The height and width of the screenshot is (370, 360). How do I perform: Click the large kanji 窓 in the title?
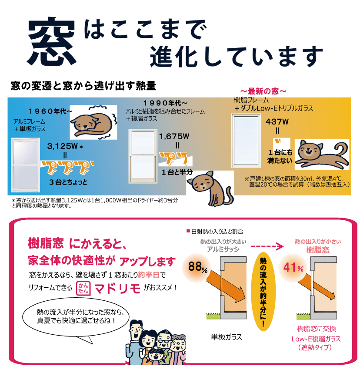pos(52,41)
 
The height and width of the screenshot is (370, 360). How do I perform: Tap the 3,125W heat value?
pos(62,146)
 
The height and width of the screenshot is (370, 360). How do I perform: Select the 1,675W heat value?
pos(174,136)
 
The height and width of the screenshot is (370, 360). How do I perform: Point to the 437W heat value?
pos(277,122)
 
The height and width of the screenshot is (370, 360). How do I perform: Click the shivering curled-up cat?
pos(93,122)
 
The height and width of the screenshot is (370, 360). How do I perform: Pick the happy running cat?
pos(322,155)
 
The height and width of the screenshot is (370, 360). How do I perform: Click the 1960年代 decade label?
pos(50,111)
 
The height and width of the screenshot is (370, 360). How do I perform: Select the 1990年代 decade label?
pos(165,103)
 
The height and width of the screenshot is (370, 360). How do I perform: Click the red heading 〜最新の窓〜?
pos(263,91)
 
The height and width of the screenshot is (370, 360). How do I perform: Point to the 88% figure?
pos(197,267)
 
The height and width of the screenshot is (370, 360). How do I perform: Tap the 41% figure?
pos(293,268)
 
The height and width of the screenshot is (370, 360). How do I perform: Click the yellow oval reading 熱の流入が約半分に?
pos(263,291)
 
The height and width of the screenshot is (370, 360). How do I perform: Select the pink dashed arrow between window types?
pos(267,246)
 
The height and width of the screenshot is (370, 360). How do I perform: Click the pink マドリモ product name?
pos(117,288)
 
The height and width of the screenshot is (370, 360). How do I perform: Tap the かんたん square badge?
pos(83,288)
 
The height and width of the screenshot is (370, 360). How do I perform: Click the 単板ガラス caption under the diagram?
pos(227,337)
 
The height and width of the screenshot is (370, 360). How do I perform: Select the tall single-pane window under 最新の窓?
pos(246,141)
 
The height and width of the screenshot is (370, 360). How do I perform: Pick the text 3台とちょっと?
pos(68,182)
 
